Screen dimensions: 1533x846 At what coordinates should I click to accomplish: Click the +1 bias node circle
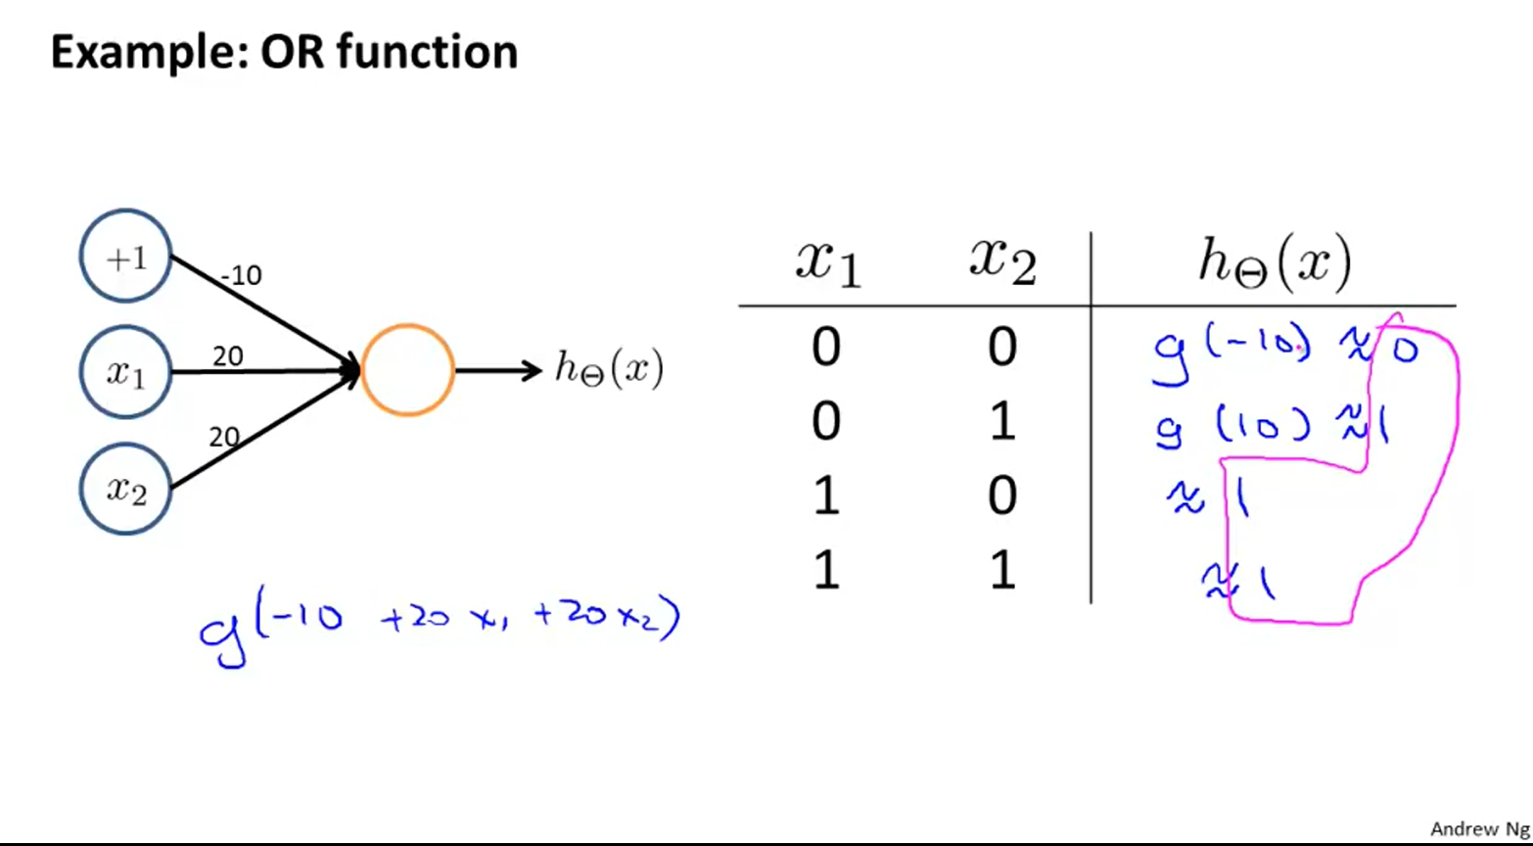click(125, 258)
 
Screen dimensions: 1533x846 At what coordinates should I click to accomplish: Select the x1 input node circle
click(125, 373)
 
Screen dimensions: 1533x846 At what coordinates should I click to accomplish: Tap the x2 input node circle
click(125, 488)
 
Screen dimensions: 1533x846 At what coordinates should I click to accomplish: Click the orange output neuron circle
click(407, 370)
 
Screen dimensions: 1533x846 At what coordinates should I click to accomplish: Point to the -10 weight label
click(241, 276)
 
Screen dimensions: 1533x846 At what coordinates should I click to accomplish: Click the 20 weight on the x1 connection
click(227, 356)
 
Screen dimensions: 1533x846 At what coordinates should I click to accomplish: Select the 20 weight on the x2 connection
click(224, 437)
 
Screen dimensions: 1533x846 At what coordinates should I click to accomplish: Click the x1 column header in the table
click(828, 262)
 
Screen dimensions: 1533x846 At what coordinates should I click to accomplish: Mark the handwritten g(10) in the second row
click(1233, 426)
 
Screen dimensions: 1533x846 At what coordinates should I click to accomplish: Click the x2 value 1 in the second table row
click(1002, 422)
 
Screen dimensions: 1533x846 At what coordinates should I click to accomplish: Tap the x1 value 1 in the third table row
click(826, 496)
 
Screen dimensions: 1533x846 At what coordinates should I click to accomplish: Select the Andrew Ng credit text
click(1479, 828)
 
